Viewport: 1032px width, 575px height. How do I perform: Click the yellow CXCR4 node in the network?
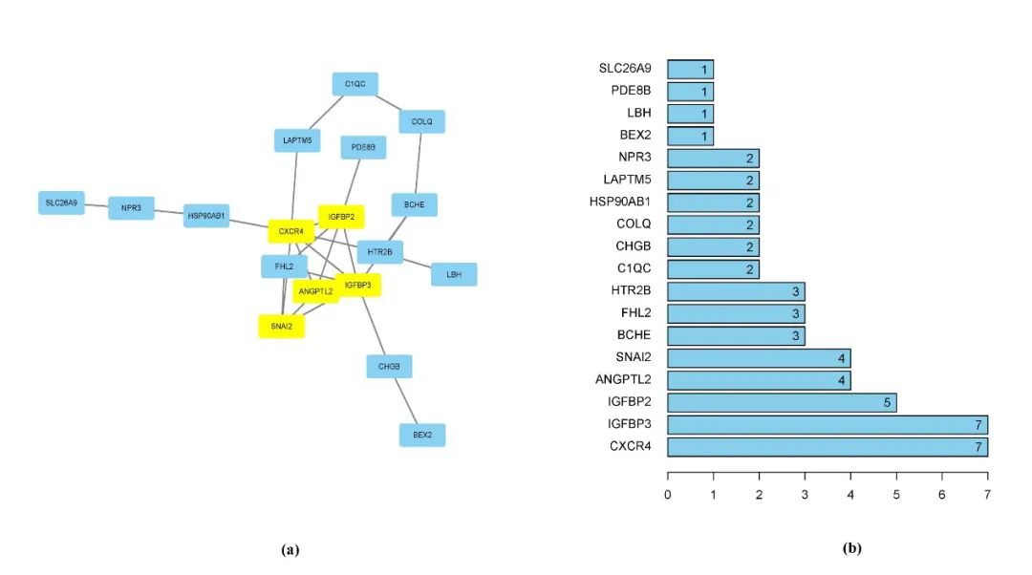(x=291, y=231)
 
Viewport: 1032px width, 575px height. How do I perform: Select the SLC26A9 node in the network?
(x=62, y=202)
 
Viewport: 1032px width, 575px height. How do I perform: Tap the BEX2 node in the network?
(x=422, y=435)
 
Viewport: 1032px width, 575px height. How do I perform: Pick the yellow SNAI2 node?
(x=282, y=327)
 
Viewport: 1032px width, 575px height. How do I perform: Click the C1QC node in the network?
(x=355, y=84)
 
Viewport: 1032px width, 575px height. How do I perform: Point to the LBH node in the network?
(x=454, y=274)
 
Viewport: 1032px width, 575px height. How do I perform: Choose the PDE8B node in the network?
(x=363, y=147)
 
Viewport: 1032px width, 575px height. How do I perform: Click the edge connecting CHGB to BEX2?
(x=405, y=400)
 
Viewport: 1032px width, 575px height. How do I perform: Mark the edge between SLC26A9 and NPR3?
(x=97, y=205)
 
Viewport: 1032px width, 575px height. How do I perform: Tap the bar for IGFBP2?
(x=781, y=403)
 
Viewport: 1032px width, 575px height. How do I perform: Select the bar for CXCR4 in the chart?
(x=827, y=447)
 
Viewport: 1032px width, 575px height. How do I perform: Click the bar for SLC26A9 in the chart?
(x=690, y=69)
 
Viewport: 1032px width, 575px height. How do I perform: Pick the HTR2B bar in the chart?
(x=736, y=291)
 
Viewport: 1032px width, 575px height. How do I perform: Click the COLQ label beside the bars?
(x=634, y=224)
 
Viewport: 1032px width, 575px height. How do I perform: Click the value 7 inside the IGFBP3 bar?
(x=978, y=425)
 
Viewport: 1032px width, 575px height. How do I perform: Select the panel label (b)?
(x=851, y=548)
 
